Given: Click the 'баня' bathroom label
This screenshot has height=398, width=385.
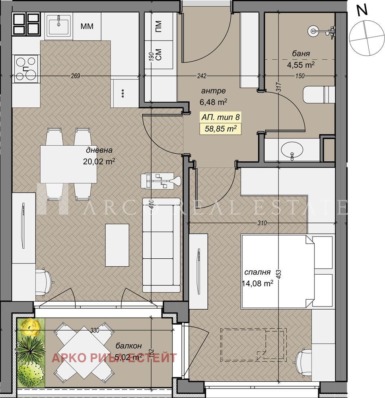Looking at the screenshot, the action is pyautogui.click(x=301, y=54).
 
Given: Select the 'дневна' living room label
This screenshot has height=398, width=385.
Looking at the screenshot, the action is pyautogui.click(x=99, y=150).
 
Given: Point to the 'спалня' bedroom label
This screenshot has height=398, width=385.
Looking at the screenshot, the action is pyautogui.click(x=257, y=272).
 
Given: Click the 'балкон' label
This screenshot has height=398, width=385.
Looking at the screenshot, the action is pyautogui.click(x=128, y=346).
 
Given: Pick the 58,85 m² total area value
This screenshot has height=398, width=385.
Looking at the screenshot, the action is pyautogui.click(x=221, y=129).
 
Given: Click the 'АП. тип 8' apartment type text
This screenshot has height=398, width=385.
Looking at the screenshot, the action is pyautogui.click(x=220, y=117).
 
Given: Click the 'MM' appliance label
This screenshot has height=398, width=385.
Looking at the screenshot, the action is pyautogui.click(x=87, y=26).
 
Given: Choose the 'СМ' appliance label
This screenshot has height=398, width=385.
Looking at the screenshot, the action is pyautogui.click(x=159, y=54).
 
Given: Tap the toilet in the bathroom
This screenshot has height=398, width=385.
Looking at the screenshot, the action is pyautogui.click(x=319, y=95).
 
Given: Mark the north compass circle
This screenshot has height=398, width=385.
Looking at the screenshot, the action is pyautogui.click(x=366, y=37).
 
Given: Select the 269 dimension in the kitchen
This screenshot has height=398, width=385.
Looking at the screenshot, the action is pyautogui.click(x=76, y=76).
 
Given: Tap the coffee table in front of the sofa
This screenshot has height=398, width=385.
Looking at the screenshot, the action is pyautogui.click(x=117, y=245).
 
